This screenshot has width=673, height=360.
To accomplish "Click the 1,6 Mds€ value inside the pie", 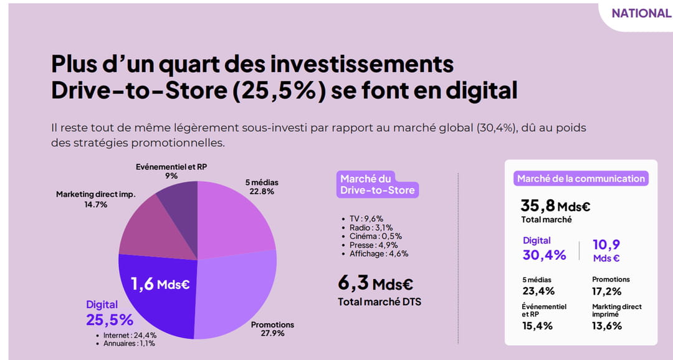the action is click(160, 284).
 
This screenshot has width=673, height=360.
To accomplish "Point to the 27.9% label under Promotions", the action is click(272, 333).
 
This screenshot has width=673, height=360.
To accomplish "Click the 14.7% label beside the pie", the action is click(96, 205).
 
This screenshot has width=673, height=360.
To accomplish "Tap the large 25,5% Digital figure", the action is click(110, 320).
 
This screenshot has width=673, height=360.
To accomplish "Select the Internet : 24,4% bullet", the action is click(130, 335).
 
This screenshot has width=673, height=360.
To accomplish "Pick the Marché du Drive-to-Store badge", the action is click(377, 184).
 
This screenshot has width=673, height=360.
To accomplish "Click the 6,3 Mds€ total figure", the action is click(376, 283).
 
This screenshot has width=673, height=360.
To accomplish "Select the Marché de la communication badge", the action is click(581, 179).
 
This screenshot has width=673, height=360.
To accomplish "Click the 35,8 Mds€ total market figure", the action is click(555, 206).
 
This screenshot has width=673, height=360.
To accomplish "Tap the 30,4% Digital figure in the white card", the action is click(544, 255).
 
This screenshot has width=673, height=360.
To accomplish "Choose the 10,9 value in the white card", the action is click(606, 245).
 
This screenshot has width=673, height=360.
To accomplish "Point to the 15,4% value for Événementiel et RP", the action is click(537, 326).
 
